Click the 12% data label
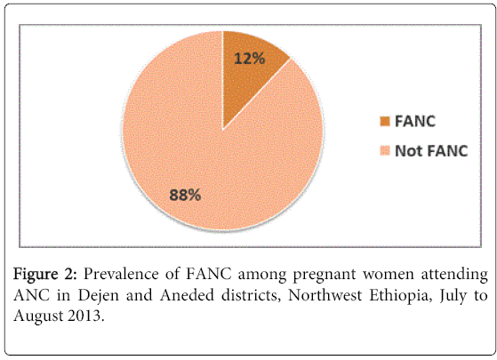coord(250,59)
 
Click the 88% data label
coord(185,195)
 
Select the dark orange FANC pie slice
coord(251,73)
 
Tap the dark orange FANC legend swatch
coord(385,122)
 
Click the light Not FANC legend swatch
coord(385,150)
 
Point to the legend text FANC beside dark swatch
coord(415,122)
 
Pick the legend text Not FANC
coord(431,150)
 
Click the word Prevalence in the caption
coord(121,274)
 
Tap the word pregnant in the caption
coord(325,276)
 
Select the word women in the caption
coord(389,275)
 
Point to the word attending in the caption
coord(454,275)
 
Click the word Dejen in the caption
coord(99,296)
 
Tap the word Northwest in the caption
coord(325,295)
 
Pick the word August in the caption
coord(36,316)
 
